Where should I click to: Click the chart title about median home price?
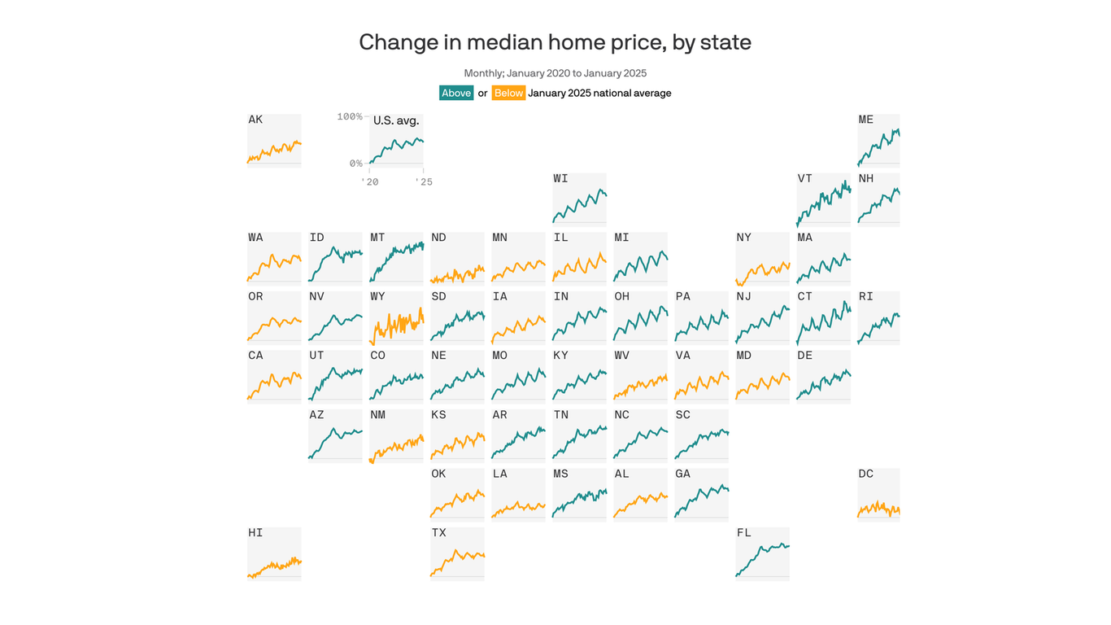[x=555, y=42]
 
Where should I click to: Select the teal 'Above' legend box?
[x=456, y=93]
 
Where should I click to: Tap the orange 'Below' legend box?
[x=508, y=93]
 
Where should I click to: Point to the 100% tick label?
[x=350, y=116]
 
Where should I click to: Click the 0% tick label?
[x=355, y=164]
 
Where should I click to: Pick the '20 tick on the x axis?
[x=369, y=182]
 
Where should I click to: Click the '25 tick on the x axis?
[x=423, y=182]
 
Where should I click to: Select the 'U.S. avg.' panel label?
[x=396, y=120]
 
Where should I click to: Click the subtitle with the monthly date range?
[x=555, y=73]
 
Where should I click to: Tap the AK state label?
[x=255, y=120]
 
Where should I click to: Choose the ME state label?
[x=865, y=120]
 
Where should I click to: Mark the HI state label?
[x=255, y=533]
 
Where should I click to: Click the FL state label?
[x=743, y=533]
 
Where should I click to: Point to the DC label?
[x=865, y=474]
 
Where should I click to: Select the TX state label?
[x=438, y=533]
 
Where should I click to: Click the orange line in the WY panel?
[x=396, y=326]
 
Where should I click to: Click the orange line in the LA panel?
[x=518, y=507]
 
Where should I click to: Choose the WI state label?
[x=560, y=179]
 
